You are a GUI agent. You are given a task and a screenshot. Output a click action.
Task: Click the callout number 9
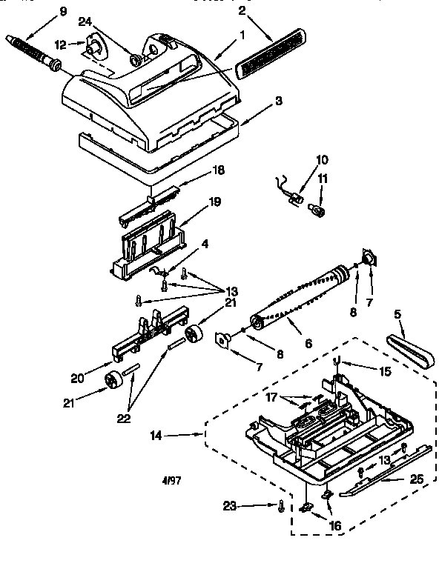point(62,10)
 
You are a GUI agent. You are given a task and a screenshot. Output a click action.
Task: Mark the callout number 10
point(321,159)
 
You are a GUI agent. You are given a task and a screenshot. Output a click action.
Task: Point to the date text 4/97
point(172,480)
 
